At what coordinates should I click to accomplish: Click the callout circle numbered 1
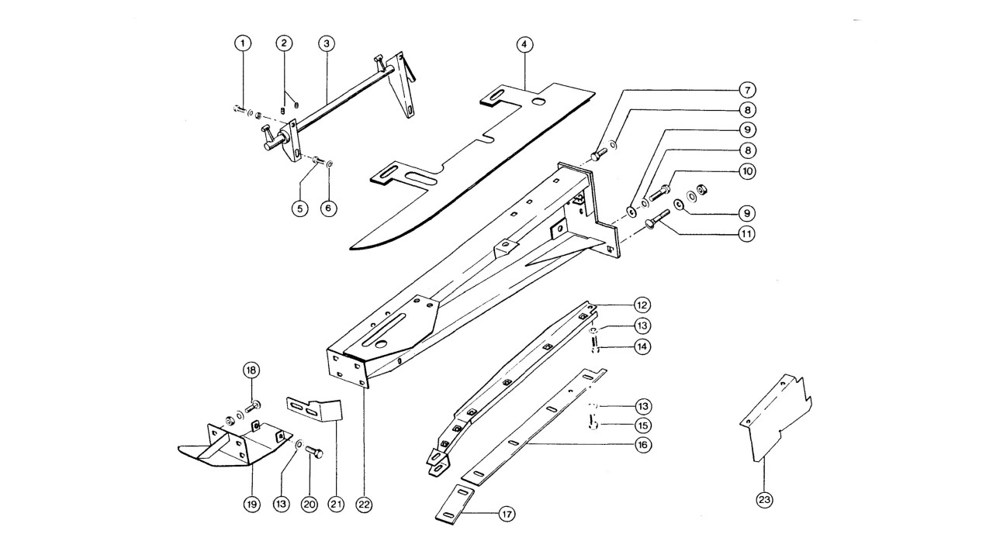[243, 43]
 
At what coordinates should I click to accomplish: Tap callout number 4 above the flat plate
[524, 44]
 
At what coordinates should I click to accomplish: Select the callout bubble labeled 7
[747, 90]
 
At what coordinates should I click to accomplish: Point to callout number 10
[747, 171]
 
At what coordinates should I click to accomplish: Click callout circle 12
[642, 305]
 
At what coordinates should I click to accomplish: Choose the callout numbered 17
[507, 514]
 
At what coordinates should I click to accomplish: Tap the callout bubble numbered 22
[364, 505]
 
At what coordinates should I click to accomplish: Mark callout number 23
[764, 501]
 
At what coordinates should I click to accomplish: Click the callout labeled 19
[252, 504]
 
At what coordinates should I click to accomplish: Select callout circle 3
[327, 43]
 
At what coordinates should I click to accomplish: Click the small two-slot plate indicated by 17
[455, 505]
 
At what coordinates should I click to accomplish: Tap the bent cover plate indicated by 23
[776, 418]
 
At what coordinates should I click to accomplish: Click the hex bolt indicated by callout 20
[314, 452]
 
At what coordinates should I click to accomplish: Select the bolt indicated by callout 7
[599, 154]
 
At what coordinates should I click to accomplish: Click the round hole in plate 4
[538, 102]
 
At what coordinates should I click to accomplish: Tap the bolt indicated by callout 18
[253, 406]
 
